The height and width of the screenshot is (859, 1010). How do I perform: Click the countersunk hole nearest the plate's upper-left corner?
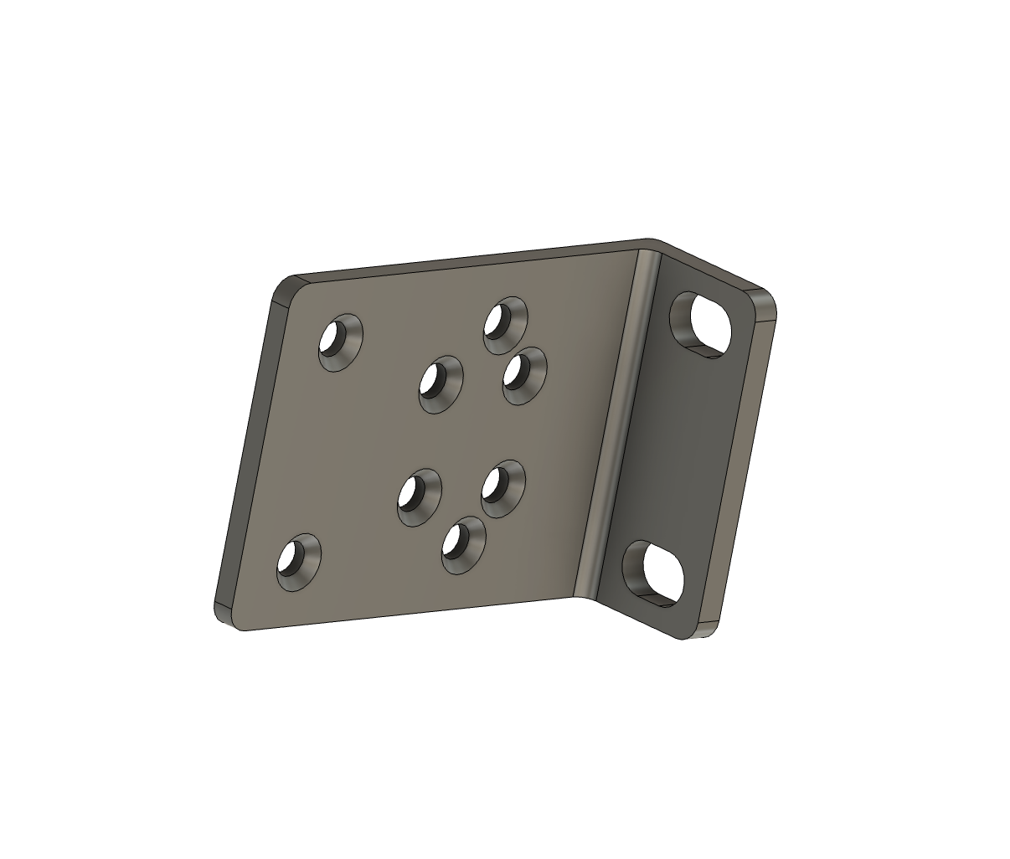pyautogui.click(x=340, y=342)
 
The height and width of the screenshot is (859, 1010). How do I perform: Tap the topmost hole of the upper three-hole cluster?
pyautogui.click(x=505, y=324)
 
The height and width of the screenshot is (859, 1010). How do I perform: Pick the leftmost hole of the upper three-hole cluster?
pyautogui.click(x=441, y=383)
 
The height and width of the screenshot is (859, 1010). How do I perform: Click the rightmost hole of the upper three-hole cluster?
pyautogui.click(x=524, y=376)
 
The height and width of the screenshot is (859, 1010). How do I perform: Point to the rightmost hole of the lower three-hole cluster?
pyautogui.click(x=502, y=488)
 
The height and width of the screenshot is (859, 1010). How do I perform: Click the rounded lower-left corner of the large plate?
pyautogui.click(x=224, y=615)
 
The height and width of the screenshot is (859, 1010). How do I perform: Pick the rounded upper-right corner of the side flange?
pyautogui.click(x=764, y=301)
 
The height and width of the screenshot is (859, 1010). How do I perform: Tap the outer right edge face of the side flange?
pyautogui.click(x=741, y=469)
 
